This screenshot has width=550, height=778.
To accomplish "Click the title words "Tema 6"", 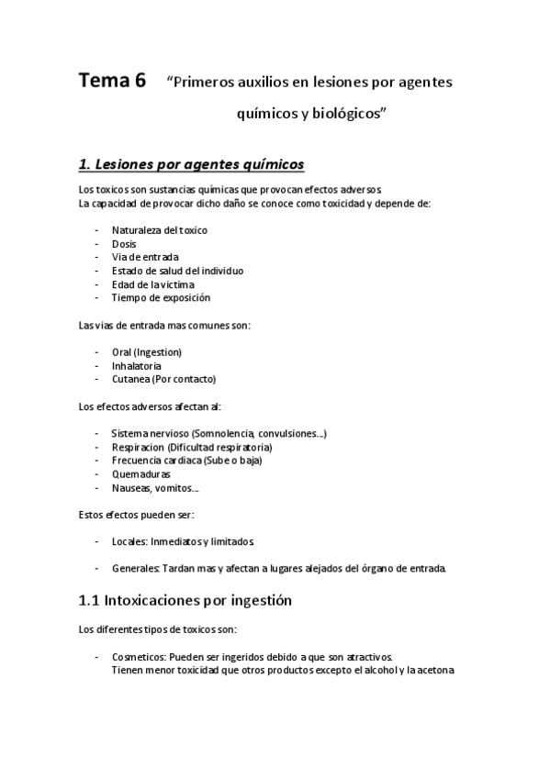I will [x=111, y=81].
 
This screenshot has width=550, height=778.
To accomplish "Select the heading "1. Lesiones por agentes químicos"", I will [x=191, y=164].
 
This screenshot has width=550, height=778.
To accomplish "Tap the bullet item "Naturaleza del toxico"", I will [x=159, y=229].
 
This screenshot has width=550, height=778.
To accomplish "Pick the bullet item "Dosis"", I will [x=124, y=243].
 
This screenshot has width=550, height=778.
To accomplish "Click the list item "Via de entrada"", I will [x=145, y=257].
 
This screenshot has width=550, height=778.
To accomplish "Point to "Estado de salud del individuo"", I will [x=177, y=271].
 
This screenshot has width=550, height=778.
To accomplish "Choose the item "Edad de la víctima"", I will [x=152, y=284].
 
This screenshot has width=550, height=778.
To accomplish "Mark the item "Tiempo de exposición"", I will [x=161, y=297].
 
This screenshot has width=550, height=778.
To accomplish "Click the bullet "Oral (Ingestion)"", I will [x=146, y=351].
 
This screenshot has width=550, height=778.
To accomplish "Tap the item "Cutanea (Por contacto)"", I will [x=163, y=379].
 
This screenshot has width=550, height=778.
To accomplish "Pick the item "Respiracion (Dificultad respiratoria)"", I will [x=191, y=447].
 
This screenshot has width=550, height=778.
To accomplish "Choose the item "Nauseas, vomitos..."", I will [x=154, y=488].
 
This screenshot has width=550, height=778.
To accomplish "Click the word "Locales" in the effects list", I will [x=129, y=541].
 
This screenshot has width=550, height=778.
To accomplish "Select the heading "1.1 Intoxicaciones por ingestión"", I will [x=185, y=602].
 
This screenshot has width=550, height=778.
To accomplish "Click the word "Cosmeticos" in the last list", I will [x=138, y=657].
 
